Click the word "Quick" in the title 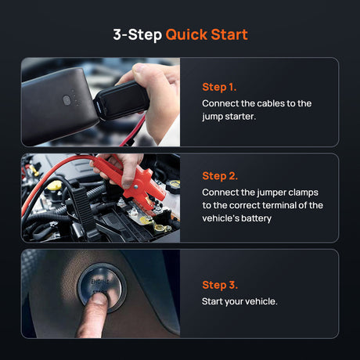[x=185, y=34]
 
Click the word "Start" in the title [x=229, y=34]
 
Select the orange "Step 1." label [x=219, y=87]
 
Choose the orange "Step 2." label [x=220, y=175]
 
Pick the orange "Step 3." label [x=220, y=285]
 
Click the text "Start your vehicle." [x=239, y=301]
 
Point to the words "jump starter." [x=229, y=117]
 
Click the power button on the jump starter [x=67, y=99]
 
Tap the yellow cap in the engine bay [x=54, y=186]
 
